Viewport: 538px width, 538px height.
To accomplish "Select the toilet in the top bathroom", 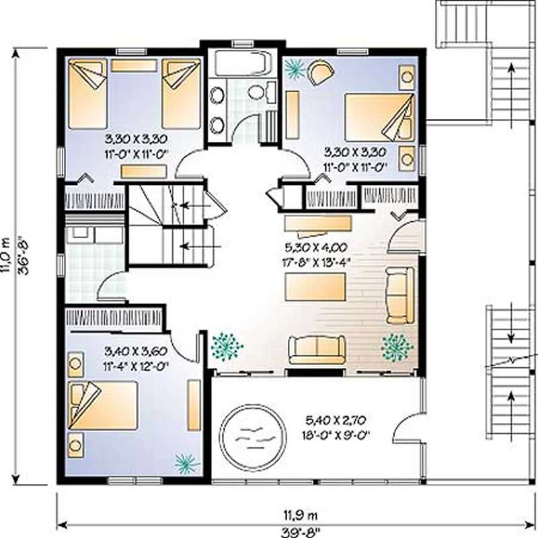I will [260, 92].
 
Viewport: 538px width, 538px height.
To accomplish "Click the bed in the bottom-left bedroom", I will [104, 406].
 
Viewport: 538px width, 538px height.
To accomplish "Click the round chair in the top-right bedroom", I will [320, 72].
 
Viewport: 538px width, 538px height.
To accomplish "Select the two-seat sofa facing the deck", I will [317, 350].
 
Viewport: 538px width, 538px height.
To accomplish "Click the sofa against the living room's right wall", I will [399, 295].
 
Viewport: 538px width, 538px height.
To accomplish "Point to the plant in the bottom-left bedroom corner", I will [186, 462].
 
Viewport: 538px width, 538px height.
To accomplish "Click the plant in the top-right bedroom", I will [294, 67].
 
